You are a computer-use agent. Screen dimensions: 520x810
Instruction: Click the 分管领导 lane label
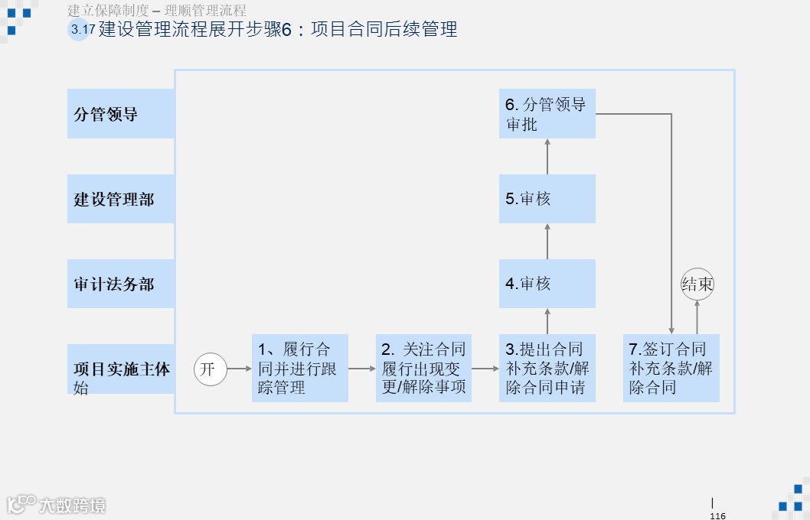(121, 114)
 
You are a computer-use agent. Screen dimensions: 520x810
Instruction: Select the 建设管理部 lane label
(121, 199)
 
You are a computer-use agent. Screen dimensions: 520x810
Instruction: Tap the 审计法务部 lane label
(121, 284)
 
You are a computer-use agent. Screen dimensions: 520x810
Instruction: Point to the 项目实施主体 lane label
(121, 369)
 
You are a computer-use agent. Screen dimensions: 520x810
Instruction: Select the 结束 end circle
(697, 284)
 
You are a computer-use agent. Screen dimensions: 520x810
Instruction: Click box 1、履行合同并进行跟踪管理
(300, 368)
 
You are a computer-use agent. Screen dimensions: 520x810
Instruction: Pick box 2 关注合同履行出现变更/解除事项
(423, 368)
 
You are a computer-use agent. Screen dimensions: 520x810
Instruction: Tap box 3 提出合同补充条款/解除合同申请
(547, 368)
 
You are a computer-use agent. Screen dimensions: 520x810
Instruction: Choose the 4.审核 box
(547, 284)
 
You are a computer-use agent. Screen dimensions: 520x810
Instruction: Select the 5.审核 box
(547, 199)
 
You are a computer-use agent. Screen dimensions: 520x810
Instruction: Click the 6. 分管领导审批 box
(547, 114)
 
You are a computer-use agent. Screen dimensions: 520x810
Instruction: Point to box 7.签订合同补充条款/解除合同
(671, 368)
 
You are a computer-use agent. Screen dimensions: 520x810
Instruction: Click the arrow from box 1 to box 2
(362, 369)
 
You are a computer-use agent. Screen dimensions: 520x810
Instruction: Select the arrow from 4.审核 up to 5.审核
(547, 241)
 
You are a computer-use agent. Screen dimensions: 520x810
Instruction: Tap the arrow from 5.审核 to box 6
(547, 156)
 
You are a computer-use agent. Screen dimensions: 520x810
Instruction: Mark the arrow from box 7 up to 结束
(697, 317)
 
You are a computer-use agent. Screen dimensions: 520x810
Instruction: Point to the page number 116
(717, 515)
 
